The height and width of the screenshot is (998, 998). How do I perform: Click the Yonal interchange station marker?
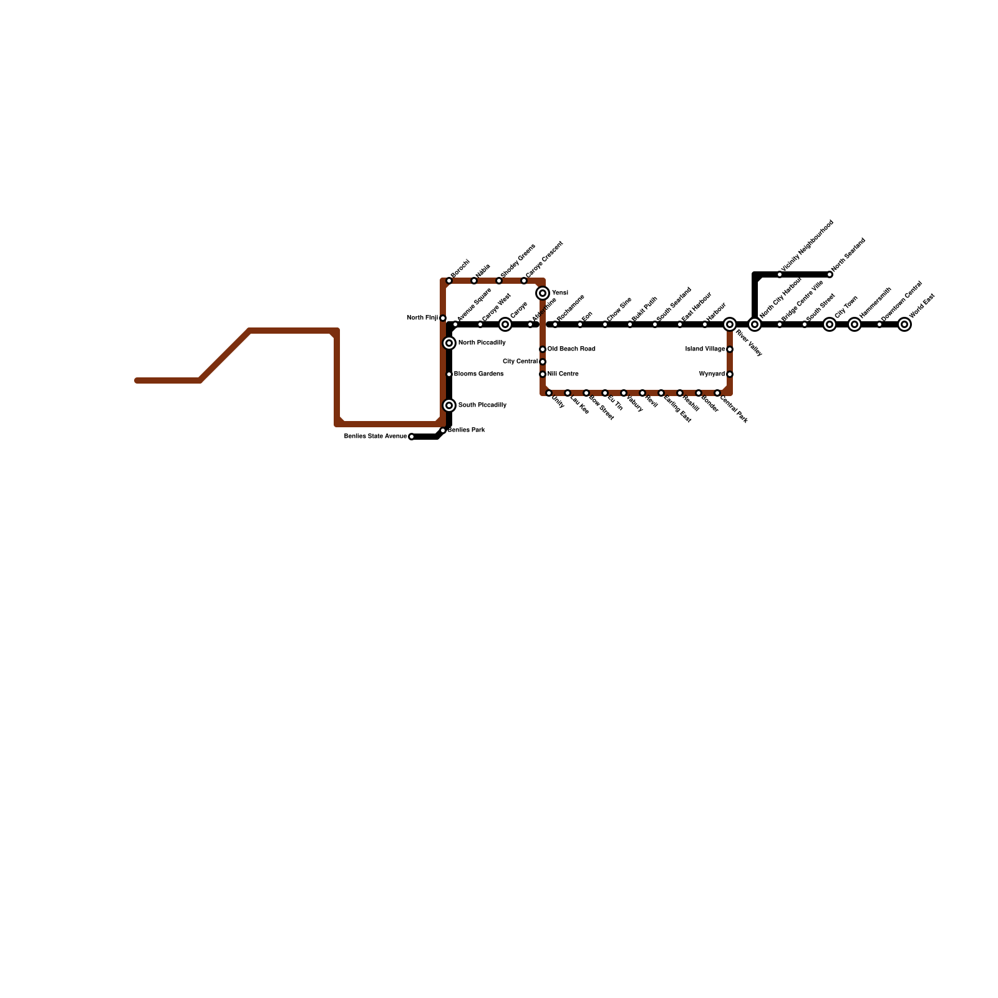tap(543, 293)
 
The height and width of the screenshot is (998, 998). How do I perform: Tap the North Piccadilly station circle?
tap(449, 343)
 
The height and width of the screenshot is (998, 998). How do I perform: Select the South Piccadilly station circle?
tap(449, 405)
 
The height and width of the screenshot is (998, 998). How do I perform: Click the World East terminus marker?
tap(904, 324)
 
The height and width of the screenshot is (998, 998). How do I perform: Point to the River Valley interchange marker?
tap(730, 324)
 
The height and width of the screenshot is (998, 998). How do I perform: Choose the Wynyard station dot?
tap(730, 374)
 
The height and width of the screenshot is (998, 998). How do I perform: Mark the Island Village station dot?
tap(730, 349)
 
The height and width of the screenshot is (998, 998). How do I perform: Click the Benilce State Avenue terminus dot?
tap(412, 437)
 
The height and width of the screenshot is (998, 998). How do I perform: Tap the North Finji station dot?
tap(443, 318)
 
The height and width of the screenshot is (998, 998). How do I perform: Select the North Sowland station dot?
tap(830, 274)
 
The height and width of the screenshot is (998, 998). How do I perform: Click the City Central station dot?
tap(543, 362)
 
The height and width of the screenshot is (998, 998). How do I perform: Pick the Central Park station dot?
tap(717, 393)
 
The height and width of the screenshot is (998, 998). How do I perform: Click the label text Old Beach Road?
tap(571, 349)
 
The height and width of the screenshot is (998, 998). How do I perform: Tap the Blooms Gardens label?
tap(478, 374)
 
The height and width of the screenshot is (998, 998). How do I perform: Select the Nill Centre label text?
tap(563, 374)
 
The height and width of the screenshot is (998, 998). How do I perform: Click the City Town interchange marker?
tap(830, 324)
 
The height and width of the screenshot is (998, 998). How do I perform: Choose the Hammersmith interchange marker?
tap(855, 324)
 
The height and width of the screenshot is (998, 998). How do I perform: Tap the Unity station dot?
tap(549, 393)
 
